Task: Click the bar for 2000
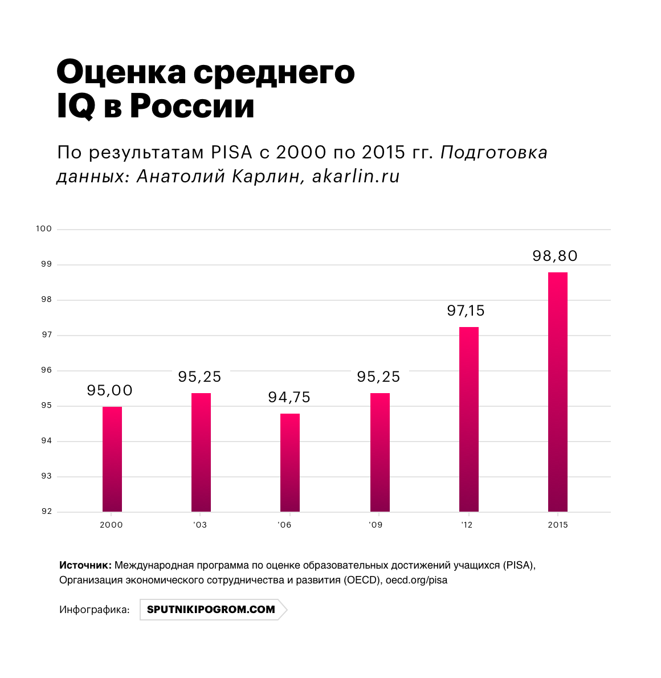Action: pyautogui.click(x=112, y=459)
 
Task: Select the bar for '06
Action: pyautogui.click(x=290, y=463)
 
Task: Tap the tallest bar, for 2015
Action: pyautogui.click(x=558, y=392)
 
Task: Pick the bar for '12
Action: pyautogui.click(x=469, y=419)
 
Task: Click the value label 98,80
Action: pyautogui.click(x=555, y=256)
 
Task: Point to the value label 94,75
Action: pyautogui.click(x=289, y=397)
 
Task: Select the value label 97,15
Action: pyautogui.click(x=466, y=311)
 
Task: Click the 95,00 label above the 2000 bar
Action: pyautogui.click(x=110, y=390)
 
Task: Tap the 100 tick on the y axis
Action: pyautogui.click(x=44, y=229)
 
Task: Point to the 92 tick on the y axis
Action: pyautogui.click(x=46, y=512)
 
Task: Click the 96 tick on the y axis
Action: pyautogui.click(x=46, y=370)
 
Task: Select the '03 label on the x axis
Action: pyautogui.click(x=200, y=525)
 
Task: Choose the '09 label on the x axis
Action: pyautogui.click(x=375, y=525)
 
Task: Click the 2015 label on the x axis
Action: pyautogui.click(x=558, y=525)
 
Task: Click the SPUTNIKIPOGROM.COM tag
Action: pyautogui.click(x=211, y=609)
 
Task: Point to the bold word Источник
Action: pyautogui.click(x=85, y=566)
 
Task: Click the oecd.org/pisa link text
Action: pyautogui.click(x=417, y=581)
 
